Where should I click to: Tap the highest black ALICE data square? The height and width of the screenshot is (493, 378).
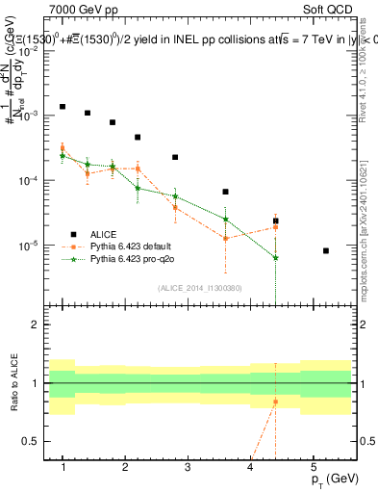63,107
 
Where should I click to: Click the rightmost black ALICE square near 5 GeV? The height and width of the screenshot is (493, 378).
326,250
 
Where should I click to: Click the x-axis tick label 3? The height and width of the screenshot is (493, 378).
188,467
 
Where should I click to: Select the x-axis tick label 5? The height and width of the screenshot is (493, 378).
313,467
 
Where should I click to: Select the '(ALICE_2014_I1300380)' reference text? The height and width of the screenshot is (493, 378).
200,287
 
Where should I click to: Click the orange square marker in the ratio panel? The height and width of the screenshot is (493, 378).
275,402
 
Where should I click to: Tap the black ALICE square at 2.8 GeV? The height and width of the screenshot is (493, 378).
175,157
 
